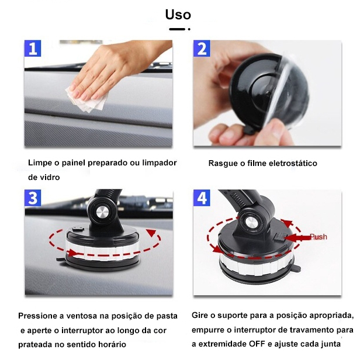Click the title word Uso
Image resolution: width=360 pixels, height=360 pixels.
pos(178,15)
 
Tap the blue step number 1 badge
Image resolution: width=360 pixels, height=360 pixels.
pos(33,48)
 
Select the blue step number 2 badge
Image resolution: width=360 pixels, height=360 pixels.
pos(202,48)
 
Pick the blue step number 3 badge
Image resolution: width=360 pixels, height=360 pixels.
pos(33,198)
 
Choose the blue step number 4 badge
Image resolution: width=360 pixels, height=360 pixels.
pos(202,198)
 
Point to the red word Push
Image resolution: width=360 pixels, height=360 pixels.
pos(319,237)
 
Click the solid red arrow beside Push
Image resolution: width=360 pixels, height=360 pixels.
pos(297,237)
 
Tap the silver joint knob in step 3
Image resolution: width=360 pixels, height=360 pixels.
pos(103,212)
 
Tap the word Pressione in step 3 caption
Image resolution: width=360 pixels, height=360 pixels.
pos(38,316)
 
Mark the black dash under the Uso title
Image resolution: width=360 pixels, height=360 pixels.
pos(177,29)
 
